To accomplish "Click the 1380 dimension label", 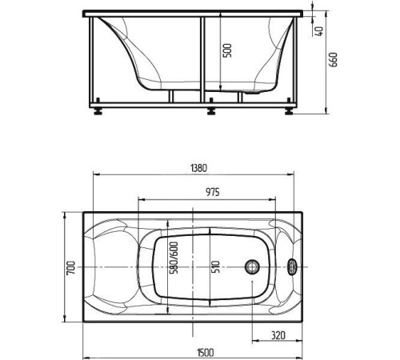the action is click(199, 168).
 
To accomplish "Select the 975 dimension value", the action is click(213, 192).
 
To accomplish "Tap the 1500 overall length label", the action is click(206, 353).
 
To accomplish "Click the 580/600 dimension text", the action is click(174, 258).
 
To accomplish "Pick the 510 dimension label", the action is click(216, 266).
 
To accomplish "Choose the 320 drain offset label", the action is click(278, 335).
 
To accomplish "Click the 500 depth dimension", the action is click(227, 50).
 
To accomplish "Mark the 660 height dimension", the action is click(334, 60).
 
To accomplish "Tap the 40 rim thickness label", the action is click(319, 31).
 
